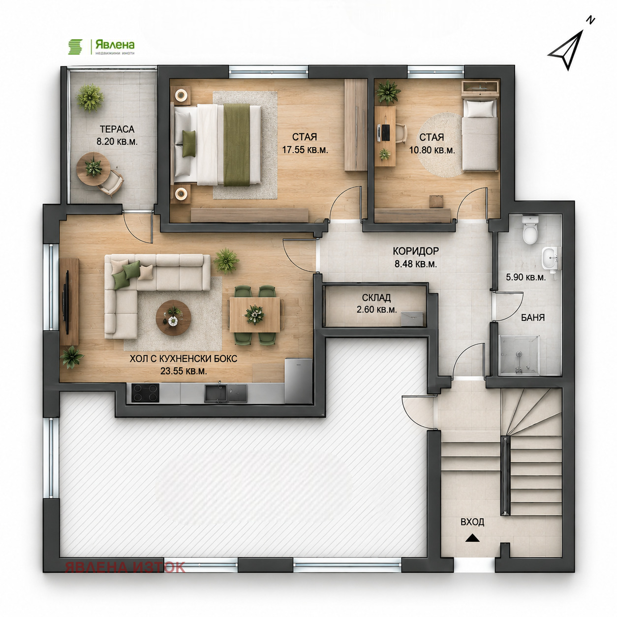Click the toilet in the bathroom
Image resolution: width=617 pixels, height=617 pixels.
pos(530,230)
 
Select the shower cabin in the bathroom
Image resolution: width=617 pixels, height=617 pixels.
pos(519,354)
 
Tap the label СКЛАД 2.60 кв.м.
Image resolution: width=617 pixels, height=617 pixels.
pos(376,303)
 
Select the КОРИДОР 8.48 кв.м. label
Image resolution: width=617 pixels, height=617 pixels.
pos(416,257)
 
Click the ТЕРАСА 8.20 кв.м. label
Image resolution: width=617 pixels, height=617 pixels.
pos(117,135)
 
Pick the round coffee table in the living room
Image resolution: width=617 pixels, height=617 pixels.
pos(173,317)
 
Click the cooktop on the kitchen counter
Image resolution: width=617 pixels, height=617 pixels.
pos(145,393)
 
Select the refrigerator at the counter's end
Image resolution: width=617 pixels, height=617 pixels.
pos(298,381)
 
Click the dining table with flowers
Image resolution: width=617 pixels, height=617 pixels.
pos(254,315)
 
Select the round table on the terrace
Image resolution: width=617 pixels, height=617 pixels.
pos(93,169)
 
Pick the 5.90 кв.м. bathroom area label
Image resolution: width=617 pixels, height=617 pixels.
pos(526,278)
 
